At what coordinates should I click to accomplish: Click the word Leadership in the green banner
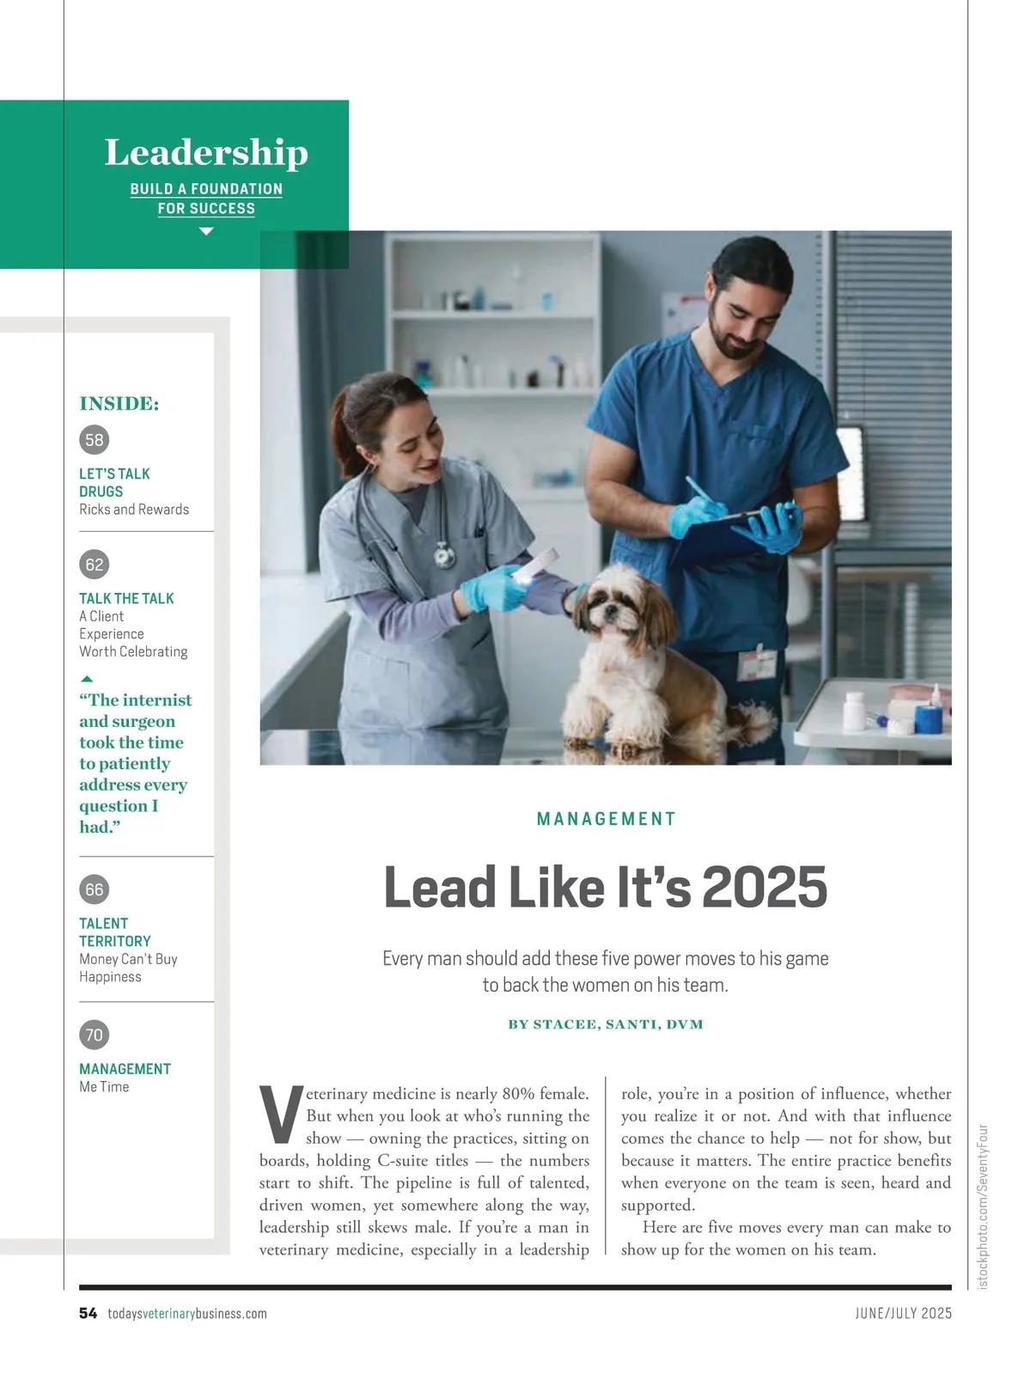point(206,153)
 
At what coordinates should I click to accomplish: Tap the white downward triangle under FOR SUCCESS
point(206,231)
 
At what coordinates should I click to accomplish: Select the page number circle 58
point(95,440)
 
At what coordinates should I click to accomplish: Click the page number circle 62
point(95,565)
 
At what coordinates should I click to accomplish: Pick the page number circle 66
point(95,889)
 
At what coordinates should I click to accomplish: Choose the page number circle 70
point(95,1035)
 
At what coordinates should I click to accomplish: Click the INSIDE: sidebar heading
point(119,404)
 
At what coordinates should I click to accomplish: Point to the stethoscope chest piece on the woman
point(443,556)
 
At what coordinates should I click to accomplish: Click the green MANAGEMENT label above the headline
point(606,819)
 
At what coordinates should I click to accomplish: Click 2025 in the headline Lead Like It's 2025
point(765,887)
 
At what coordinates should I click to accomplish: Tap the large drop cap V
point(280,1114)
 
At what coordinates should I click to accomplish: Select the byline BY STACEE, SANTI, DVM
point(606,1024)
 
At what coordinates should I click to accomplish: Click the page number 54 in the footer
point(88,1313)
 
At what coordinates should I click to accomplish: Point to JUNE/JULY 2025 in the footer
point(903,1313)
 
